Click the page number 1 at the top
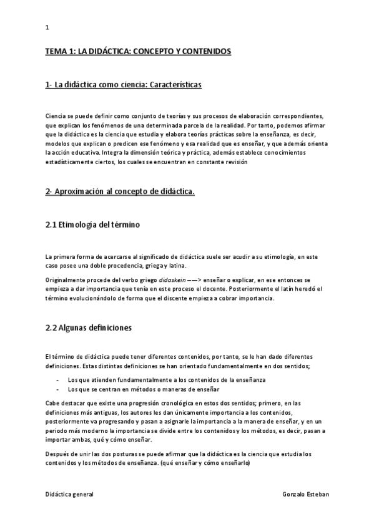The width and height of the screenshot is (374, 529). click(x=47, y=27)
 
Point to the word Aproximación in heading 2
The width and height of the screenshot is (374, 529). click(x=84, y=192)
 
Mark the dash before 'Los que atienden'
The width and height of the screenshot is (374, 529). click(x=57, y=379)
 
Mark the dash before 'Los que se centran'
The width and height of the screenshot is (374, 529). click(x=57, y=388)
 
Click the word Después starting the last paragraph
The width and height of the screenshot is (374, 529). click(x=59, y=454)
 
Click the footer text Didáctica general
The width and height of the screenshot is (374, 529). click(x=69, y=493)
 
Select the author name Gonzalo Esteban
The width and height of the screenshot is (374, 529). click(x=305, y=493)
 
